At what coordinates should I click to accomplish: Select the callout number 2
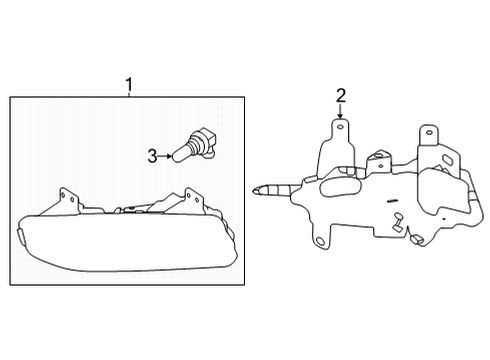342,96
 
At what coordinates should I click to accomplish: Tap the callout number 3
152,155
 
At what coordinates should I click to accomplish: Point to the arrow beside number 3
165,155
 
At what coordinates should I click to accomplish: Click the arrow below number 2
342,113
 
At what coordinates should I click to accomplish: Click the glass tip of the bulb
180,154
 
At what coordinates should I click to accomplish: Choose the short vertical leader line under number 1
127,92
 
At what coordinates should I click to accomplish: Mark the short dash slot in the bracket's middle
395,213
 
